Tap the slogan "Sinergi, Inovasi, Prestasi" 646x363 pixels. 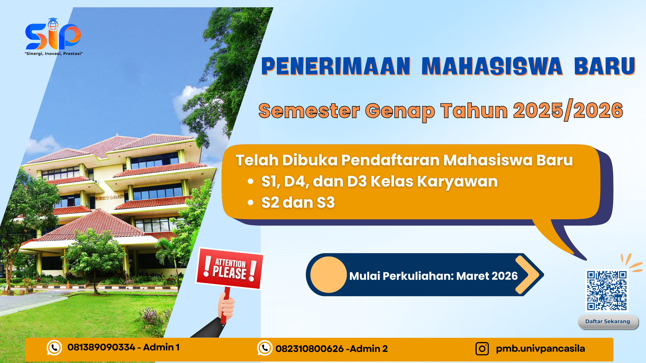coord(54,54)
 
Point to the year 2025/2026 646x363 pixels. coord(568,111)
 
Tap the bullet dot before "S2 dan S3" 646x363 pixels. coord(250,202)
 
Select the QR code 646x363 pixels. coord(607,290)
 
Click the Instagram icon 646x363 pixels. coord(482,349)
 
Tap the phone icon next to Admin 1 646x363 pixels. coord(54,348)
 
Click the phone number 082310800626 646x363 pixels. coord(309,349)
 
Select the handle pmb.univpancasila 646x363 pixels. coord(540,349)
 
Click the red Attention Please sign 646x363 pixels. coord(229,269)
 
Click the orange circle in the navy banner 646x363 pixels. coord(329,275)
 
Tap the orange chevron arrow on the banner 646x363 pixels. coord(527,275)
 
